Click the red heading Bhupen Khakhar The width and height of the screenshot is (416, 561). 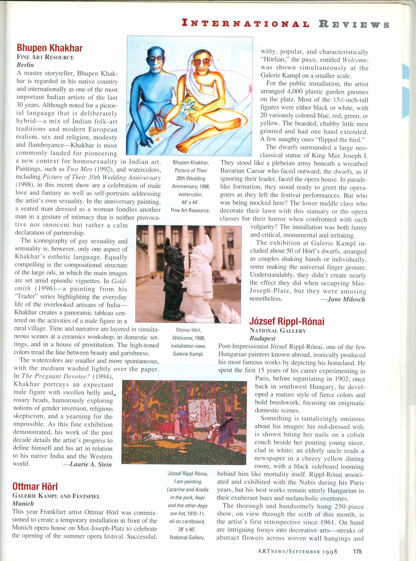coord(50,48)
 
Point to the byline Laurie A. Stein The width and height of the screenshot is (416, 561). coord(87,464)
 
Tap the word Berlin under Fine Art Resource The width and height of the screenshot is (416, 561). coord(25,65)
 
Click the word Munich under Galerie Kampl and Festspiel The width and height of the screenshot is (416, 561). coord(23,503)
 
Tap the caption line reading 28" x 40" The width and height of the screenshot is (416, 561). coord(187,529)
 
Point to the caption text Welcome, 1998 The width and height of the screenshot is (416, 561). coord(189,338)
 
